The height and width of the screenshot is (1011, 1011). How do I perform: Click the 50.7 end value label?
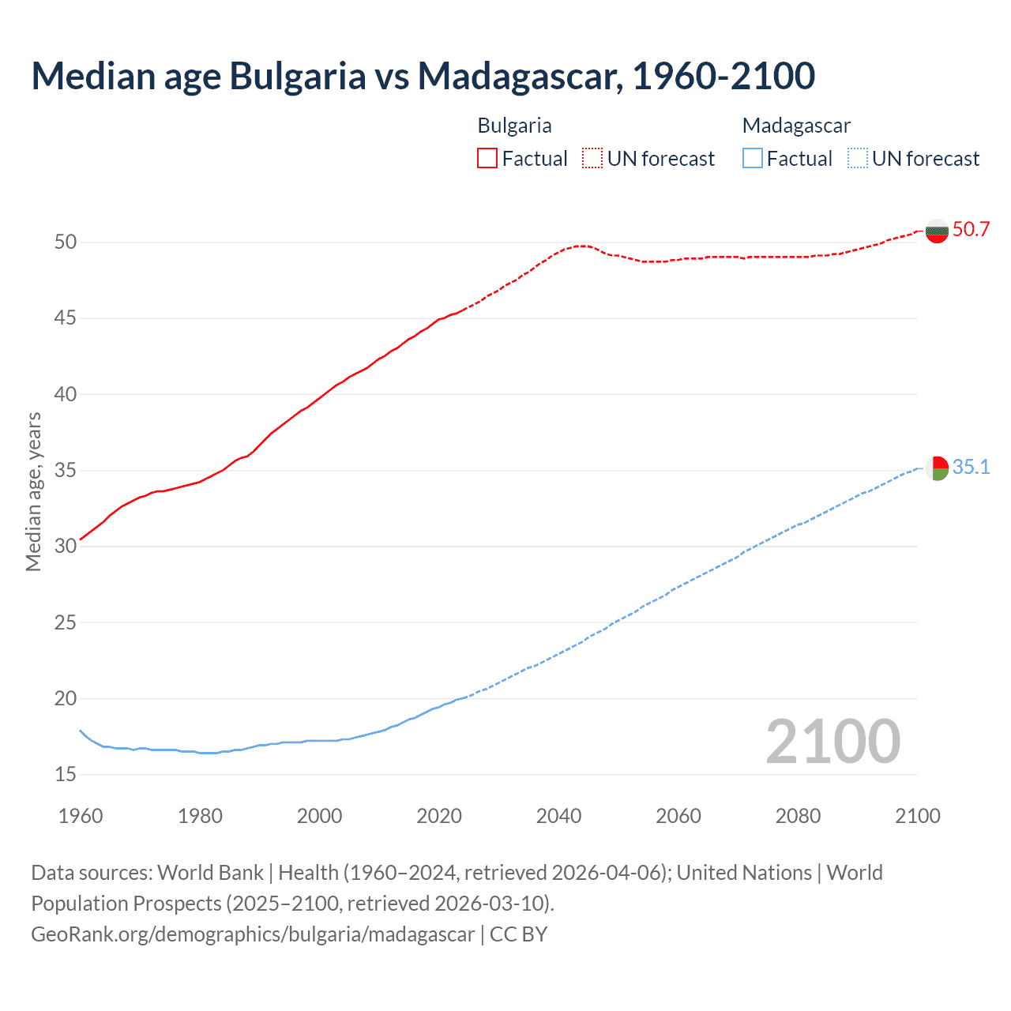(x=971, y=230)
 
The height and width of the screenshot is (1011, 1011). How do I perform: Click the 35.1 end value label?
(x=971, y=468)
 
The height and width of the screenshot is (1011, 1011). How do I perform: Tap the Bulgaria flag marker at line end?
(x=937, y=231)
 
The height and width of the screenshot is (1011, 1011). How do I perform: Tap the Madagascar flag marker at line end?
(x=937, y=468)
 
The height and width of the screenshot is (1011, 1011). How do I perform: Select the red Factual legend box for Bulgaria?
(x=487, y=159)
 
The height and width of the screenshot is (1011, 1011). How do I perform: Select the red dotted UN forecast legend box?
(x=592, y=159)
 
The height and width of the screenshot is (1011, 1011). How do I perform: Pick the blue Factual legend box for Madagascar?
(x=753, y=159)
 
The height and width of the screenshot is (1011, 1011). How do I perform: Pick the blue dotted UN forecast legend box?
(x=857, y=159)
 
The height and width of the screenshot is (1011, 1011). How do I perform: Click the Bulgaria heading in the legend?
(x=514, y=126)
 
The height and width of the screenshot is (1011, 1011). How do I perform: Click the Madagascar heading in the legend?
(x=796, y=126)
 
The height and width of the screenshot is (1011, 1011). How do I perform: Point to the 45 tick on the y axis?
(x=66, y=318)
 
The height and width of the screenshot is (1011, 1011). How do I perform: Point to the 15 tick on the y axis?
(x=66, y=775)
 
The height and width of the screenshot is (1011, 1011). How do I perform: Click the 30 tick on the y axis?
(x=66, y=547)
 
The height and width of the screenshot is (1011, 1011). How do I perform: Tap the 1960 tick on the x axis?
(x=81, y=816)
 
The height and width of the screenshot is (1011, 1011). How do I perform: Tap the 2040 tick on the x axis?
(x=558, y=816)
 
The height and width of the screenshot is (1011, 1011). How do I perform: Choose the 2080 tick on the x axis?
(x=798, y=816)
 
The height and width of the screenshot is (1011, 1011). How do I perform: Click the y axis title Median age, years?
(x=33, y=491)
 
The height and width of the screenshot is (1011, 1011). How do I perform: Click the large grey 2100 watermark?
(x=832, y=742)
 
